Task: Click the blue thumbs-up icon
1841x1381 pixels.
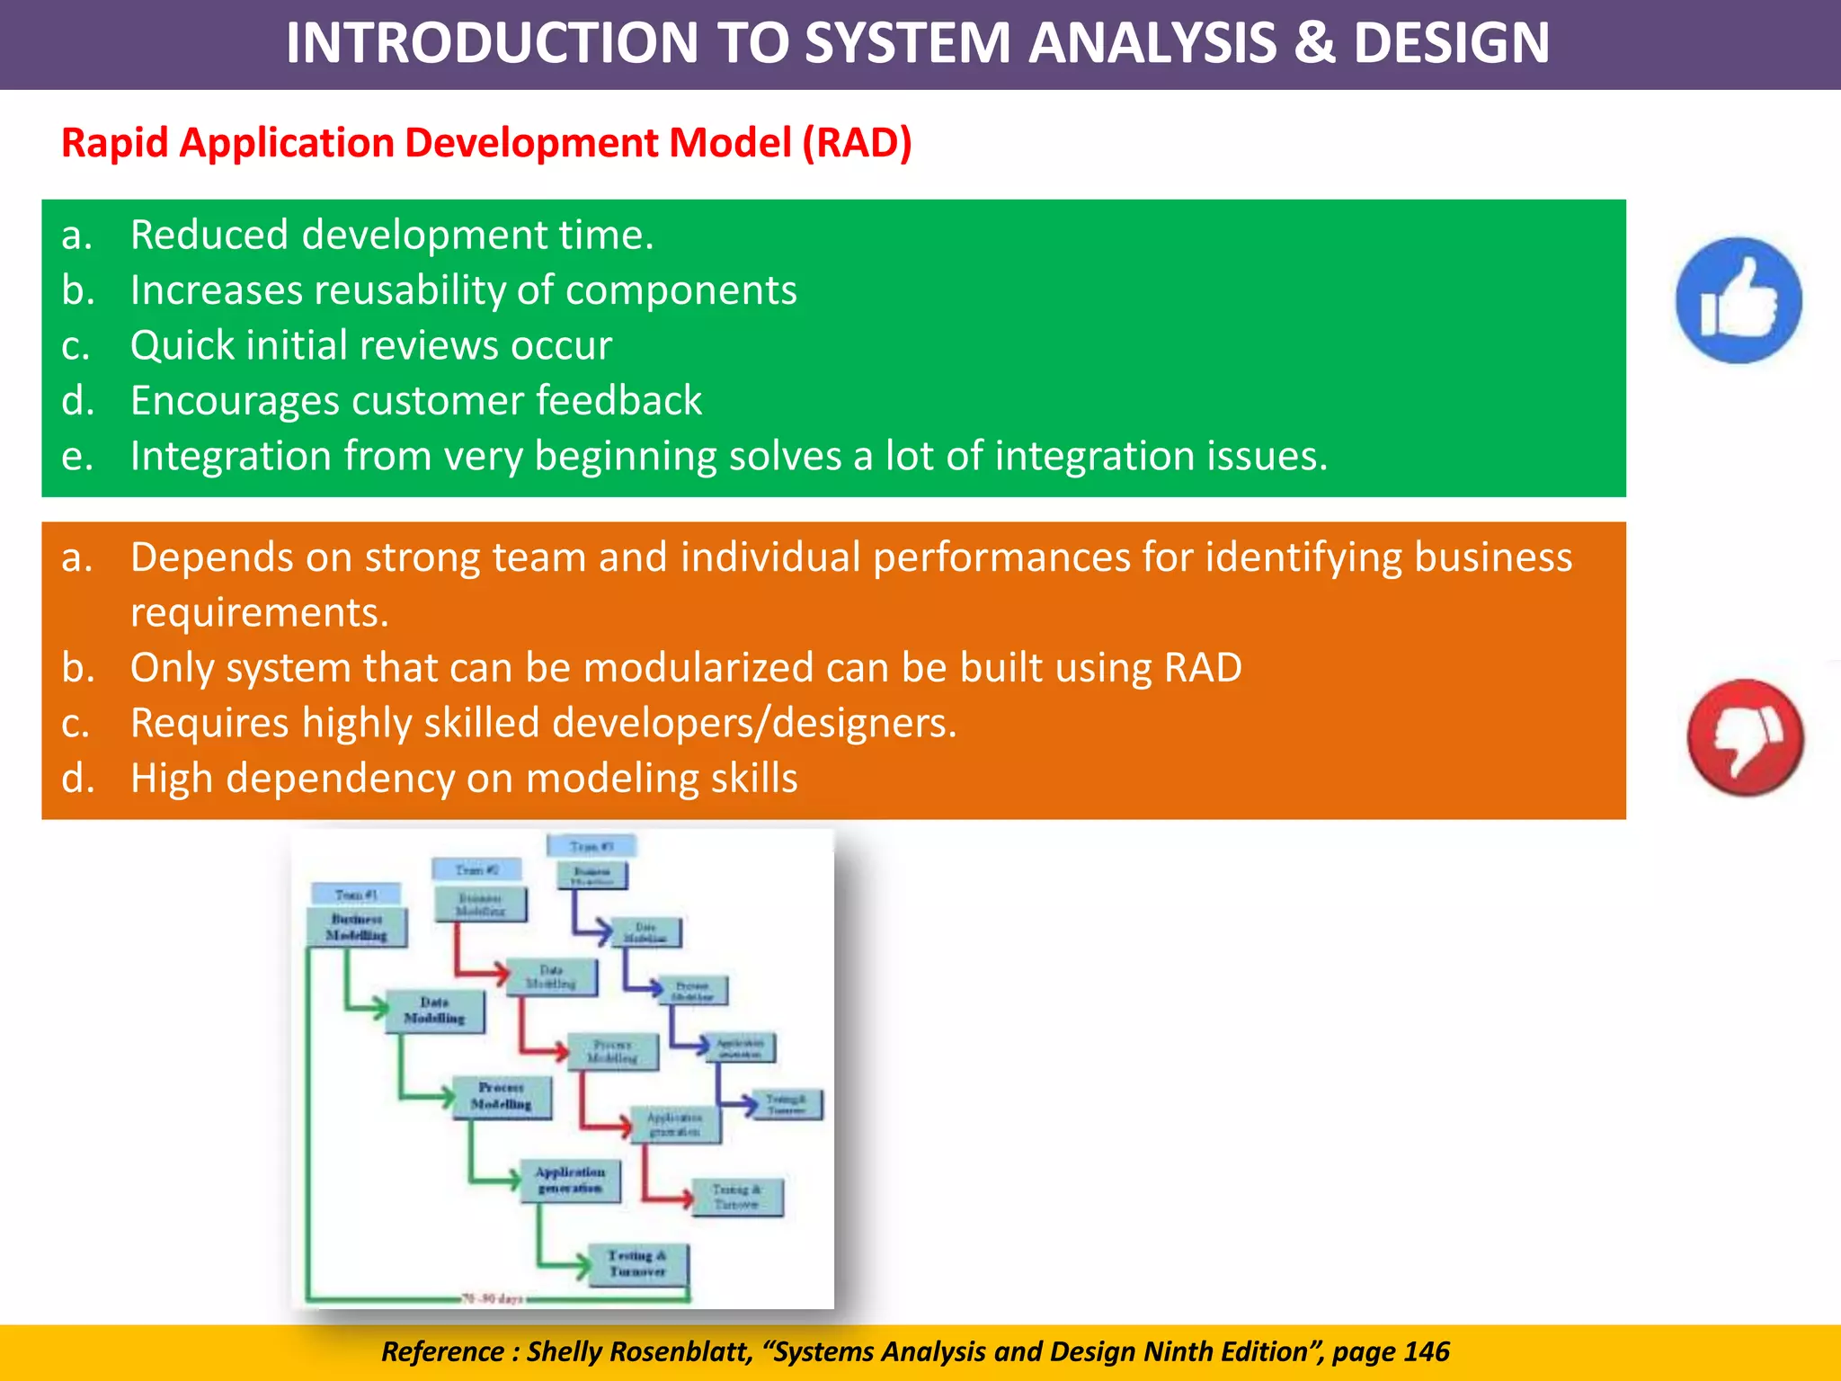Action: (1738, 300)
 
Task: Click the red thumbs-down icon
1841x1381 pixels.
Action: (1745, 737)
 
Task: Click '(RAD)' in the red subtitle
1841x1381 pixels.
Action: (857, 143)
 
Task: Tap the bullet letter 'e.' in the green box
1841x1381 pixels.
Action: (77, 457)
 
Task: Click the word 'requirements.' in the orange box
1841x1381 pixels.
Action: (260, 613)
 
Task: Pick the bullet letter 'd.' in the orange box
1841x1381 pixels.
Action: (77, 779)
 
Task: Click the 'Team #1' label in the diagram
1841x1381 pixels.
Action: (356, 895)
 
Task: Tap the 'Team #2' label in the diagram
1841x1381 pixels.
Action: (476, 869)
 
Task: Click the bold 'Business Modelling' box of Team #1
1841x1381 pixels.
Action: (357, 927)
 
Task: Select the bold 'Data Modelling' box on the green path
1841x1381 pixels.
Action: (434, 1011)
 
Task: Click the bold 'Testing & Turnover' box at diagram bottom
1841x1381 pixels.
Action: (637, 1264)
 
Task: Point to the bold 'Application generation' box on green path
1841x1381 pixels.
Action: (570, 1180)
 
